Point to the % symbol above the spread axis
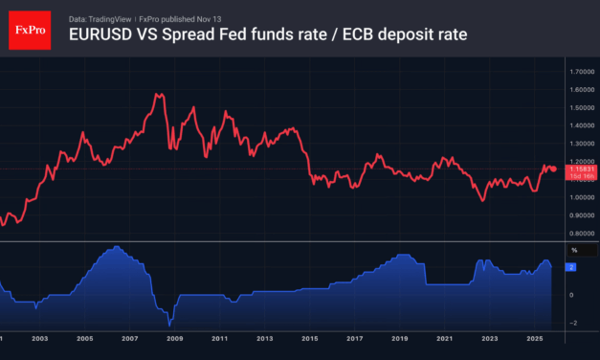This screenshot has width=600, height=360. point(575,251)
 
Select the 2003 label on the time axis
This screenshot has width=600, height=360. point(39,339)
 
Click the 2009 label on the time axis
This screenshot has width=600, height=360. point(174,339)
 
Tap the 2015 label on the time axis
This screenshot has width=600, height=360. point(309,339)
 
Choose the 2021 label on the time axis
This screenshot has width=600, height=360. point(444,339)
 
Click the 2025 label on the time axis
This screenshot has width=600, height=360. point(534,339)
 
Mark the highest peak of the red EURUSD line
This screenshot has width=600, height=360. point(156,94)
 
